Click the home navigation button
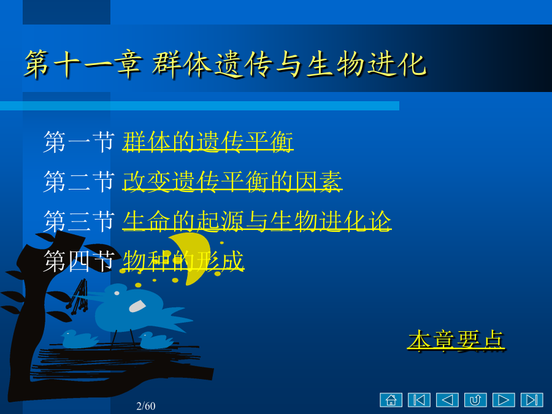391,400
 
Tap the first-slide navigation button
420,400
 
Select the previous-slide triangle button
448,400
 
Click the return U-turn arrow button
475,400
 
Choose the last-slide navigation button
532,400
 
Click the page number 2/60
146,406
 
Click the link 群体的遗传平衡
208,142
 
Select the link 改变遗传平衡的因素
232,182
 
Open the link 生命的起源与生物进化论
257,221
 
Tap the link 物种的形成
183,261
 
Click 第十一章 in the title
83,64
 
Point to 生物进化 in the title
367,64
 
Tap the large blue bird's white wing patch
137,306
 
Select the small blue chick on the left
79,339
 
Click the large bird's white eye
117,293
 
